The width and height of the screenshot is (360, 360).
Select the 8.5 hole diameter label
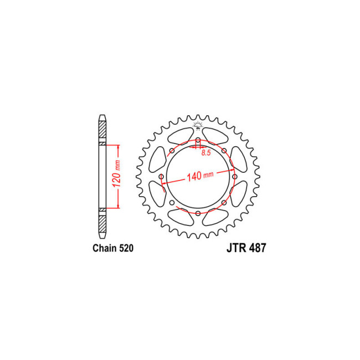click(x=205, y=152)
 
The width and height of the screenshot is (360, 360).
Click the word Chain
click(x=104, y=249)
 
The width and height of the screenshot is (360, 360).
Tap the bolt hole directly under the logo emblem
click(x=198, y=140)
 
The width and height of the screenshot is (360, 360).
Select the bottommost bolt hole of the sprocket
click(x=198, y=213)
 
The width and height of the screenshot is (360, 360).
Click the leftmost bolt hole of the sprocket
click(x=161, y=177)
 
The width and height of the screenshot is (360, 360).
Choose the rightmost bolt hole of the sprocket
click(x=234, y=177)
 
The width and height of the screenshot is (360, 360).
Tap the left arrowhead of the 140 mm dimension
click(x=164, y=183)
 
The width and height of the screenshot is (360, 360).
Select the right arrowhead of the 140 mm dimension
click(x=232, y=171)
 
